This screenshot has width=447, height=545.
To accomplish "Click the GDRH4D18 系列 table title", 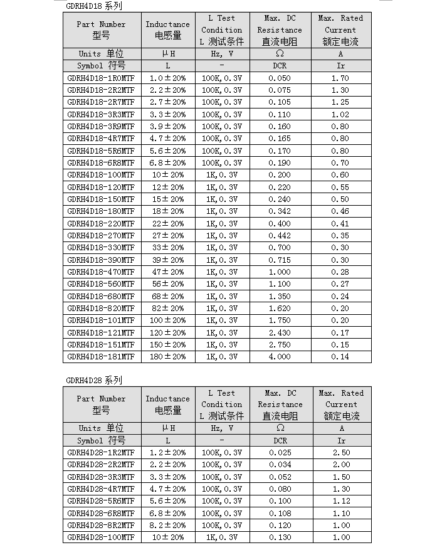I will coord(94,6).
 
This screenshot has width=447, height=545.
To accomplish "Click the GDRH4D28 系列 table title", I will coord(94,380).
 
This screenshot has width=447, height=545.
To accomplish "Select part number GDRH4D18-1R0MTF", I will coord(101,78).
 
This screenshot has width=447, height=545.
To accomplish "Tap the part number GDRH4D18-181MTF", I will coord(101,357).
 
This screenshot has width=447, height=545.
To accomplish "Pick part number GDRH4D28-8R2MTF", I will coord(101,526).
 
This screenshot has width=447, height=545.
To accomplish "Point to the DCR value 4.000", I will coord(280,357).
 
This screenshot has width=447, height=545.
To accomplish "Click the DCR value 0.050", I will coord(280,78).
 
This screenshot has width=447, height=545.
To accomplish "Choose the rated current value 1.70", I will coord(340,78).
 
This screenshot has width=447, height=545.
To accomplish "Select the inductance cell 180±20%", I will coord(167,357).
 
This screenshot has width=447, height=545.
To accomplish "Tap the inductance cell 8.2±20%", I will coord(167,526).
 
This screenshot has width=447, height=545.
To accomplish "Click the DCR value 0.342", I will coord(280,211).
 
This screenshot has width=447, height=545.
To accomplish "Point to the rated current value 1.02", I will coord(340,115).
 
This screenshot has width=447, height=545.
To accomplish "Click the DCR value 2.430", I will coord(280,333).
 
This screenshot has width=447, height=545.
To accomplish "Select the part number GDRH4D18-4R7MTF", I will coord(101,139).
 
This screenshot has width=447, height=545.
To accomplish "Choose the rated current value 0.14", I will coord(340,357).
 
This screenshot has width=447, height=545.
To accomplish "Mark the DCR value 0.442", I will coord(280,236).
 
